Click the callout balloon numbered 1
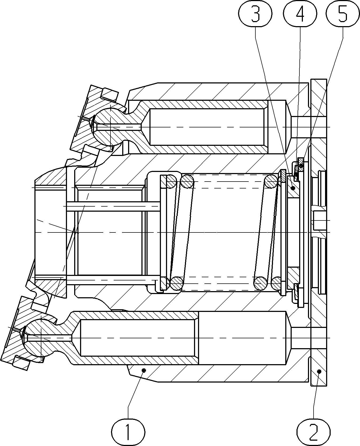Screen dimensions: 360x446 pyautogui.click(x=128, y=431)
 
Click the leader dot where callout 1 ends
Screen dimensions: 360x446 pyautogui.click(x=144, y=370)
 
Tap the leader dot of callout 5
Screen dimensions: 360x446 pyautogui.click(x=301, y=166)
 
